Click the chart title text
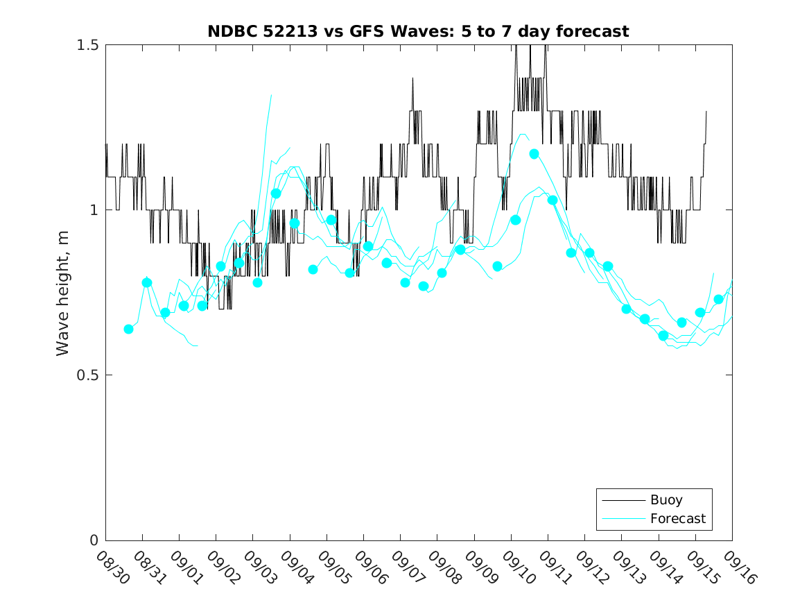tap(418, 32)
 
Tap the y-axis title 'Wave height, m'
tap(63, 292)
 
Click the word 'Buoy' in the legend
tap(666, 500)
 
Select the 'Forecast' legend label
tap(677, 518)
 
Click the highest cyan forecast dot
tap(534, 154)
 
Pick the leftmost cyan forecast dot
tap(128, 329)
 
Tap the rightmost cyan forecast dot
tap(719, 300)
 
